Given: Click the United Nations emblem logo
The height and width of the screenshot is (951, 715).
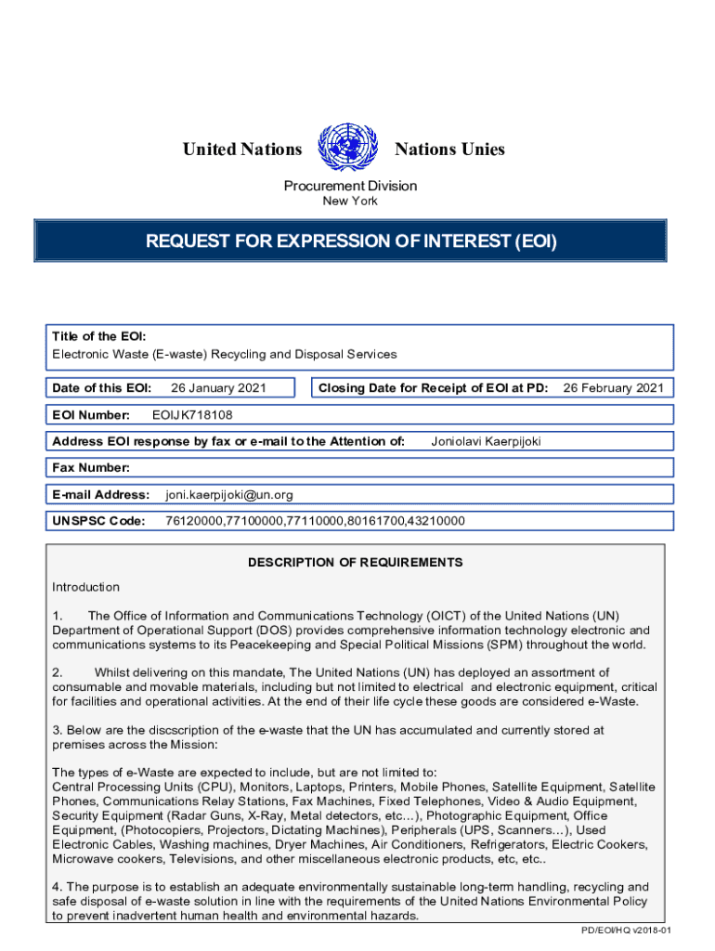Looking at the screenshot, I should (348, 149).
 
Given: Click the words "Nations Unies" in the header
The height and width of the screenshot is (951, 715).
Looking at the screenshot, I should (450, 150).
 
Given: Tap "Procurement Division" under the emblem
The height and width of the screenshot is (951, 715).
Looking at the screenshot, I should (350, 186).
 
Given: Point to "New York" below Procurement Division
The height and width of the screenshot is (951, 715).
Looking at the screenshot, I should (350, 201).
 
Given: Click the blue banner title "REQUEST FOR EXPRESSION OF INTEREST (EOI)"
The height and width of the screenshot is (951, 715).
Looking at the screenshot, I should (350, 241).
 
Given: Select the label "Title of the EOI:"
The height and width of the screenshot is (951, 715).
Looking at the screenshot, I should (98, 336).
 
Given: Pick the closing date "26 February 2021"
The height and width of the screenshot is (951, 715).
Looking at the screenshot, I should (614, 388).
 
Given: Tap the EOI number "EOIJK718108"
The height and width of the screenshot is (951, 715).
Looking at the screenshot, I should (192, 415).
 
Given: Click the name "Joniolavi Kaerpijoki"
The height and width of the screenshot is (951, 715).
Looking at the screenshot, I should (486, 441).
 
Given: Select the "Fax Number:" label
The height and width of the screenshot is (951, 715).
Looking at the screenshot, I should (91, 468).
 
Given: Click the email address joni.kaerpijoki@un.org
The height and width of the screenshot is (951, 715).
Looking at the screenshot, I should (228, 495).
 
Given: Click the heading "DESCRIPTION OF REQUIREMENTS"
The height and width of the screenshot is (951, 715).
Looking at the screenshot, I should (355, 563).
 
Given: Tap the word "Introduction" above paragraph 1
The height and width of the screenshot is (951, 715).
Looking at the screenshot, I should (85, 587).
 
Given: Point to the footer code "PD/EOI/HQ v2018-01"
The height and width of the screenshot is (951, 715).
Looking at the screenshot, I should (626, 931).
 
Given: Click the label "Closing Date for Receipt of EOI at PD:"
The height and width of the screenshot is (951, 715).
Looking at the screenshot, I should (433, 388).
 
